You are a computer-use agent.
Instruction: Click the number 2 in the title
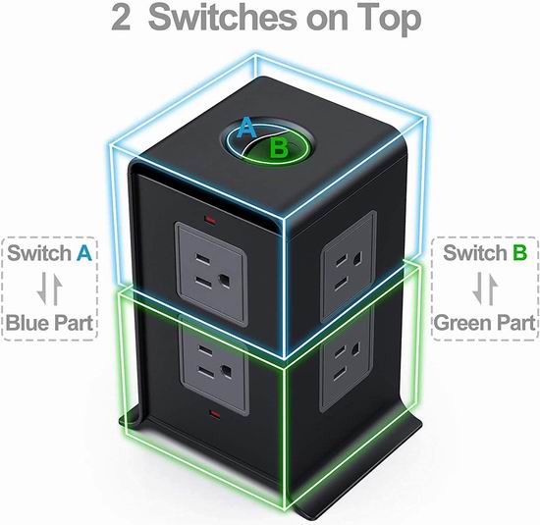(x=121, y=18)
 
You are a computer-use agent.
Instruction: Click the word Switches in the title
(x=222, y=18)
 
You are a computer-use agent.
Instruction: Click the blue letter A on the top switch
(x=246, y=128)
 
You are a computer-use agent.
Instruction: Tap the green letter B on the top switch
(x=279, y=147)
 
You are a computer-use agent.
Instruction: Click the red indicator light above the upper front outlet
(x=210, y=219)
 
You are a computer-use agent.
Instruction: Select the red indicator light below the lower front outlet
(x=216, y=413)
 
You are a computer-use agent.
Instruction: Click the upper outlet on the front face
(x=211, y=275)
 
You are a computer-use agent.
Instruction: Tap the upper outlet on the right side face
(x=348, y=267)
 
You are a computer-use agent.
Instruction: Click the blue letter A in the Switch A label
(x=84, y=253)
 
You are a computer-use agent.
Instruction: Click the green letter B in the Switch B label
(x=519, y=253)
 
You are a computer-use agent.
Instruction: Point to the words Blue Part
(x=50, y=323)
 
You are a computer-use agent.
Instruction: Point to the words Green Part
(x=485, y=323)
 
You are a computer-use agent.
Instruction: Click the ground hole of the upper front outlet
(x=226, y=280)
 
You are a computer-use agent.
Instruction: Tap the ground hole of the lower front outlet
(x=227, y=371)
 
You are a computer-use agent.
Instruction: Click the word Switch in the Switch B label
(x=475, y=253)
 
